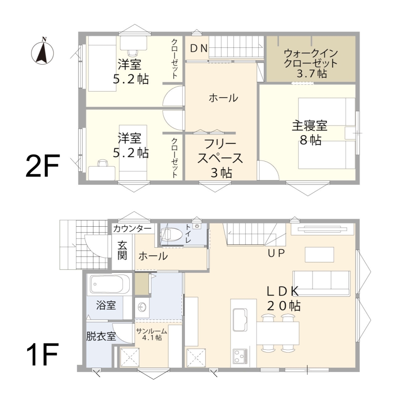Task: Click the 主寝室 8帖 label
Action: (310, 132)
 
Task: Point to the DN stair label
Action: (199, 48)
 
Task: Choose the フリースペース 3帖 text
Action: (220, 158)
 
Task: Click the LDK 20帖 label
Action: (283, 298)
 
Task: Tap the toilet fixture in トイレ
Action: (172, 235)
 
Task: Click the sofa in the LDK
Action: (321, 283)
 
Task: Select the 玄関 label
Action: (122, 250)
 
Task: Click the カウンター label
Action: (132, 229)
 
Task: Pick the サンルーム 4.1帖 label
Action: (152, 334)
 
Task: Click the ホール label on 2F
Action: (223, 98)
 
